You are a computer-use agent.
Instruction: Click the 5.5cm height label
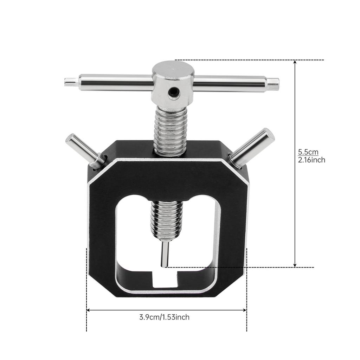[x=308, y=152]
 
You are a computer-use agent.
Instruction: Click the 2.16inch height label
[x=311, y=160]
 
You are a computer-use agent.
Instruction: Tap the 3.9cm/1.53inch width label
[x=164, y=317]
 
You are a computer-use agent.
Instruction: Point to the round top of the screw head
[x=173, y=69]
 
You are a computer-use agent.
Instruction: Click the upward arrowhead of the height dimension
[x=295, y=63]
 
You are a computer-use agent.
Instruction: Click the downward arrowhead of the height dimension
[x=295, y=264]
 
